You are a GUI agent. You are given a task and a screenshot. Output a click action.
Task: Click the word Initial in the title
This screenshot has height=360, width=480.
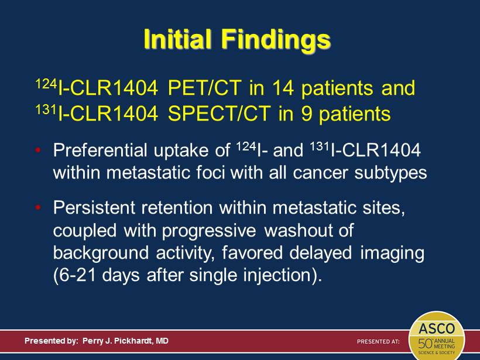[x=177, y=39]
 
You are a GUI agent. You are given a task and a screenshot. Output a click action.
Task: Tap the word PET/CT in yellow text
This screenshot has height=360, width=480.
[x=204, y=88]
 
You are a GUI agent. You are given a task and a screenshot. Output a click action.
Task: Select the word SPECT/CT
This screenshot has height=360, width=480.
[x=219, y=114]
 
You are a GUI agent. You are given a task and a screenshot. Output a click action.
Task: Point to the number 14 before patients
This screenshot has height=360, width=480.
[x=283, y=88]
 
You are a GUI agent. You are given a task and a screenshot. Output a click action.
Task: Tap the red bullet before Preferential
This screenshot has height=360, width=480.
[x=38, y=150]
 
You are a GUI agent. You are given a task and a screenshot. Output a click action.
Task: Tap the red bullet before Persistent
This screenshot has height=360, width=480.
[x=38, y=207]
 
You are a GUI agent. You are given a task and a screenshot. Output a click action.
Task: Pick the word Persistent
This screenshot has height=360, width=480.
[x=94, y=207]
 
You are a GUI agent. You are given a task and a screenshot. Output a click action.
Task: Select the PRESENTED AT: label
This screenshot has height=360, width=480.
[x=378, y=341]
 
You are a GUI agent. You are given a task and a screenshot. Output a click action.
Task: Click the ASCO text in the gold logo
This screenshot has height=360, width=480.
[x=437, y=328]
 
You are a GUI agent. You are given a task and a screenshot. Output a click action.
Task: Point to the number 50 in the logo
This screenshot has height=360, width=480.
[x=425, y=344]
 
